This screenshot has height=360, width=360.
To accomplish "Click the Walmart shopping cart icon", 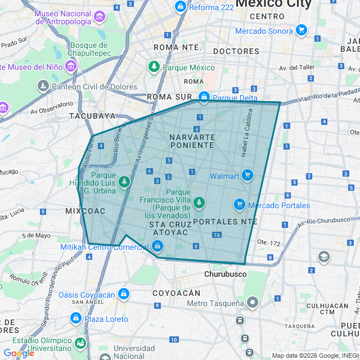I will [247, 176].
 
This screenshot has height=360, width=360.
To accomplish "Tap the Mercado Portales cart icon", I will [240, 205].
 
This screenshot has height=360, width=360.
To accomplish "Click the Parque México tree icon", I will [154, 67].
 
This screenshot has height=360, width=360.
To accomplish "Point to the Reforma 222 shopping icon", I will [181, 7].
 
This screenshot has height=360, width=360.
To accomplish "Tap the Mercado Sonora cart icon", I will [301, 30].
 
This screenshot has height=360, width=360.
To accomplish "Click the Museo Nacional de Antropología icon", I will [100, 17].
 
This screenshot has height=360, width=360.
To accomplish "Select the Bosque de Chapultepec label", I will [88, 49].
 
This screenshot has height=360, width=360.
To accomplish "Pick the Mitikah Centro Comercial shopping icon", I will [158, 246].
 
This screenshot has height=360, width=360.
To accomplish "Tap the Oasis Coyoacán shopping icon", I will [124, 294].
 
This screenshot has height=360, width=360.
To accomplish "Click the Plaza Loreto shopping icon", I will [75, 318].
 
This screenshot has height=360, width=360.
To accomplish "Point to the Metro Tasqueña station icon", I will [253, 303].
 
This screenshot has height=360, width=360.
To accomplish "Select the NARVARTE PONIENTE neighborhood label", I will [192, 141].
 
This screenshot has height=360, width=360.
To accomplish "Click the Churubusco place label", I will [225, 274].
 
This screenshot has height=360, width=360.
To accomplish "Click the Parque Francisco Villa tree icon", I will [198, 202].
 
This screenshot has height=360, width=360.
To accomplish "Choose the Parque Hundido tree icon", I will [124, 182].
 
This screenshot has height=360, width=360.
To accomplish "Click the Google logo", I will [19, 353].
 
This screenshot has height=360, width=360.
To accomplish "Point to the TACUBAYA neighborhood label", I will [92, 116].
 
